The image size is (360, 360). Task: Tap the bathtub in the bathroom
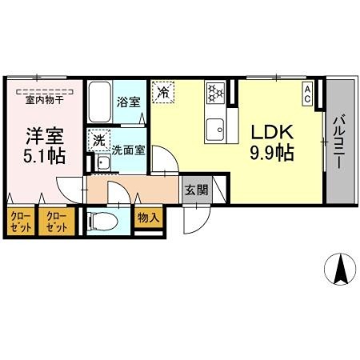click(x=100, y=101)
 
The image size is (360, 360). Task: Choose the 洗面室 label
click(x=126, y=149)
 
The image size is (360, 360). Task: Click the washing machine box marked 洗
click(x=98, y=139)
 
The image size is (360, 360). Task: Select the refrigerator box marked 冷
click(x=163, y=92)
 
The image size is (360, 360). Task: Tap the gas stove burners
click(x=215, y=94)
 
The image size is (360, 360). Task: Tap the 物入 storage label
click(x=148, y=217)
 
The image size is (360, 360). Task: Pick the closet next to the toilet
click(x=57, y=221)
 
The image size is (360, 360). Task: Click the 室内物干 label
click(x=44, y=100)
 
